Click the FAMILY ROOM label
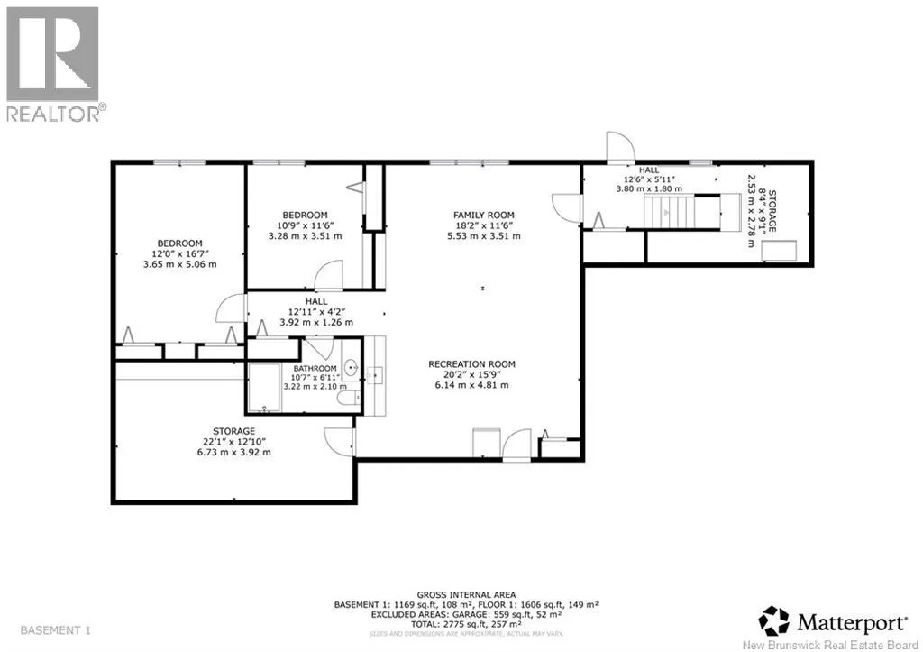pyautogui.click(x=484, y=215)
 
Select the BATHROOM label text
pyautogui.click(x=315, y=369)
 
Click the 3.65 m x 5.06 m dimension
pyautogui.click(x=180, y=264)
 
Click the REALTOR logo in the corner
pyautogui.click(x=53, y=63)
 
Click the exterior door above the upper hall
pyautogui.click(x=621, y=147)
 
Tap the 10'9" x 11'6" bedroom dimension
pyautogui.click(x=306, y=225)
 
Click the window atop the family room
pyautogui.click(x=469, y=162)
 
